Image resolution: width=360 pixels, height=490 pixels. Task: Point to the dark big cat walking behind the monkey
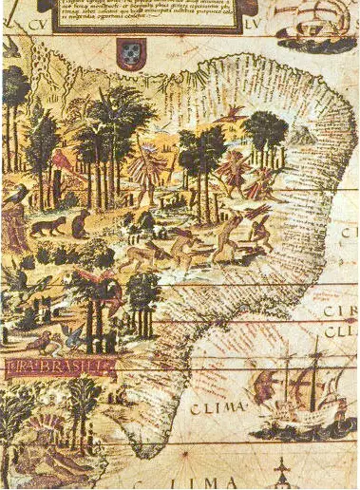pyautogui.click(x=45, y=226)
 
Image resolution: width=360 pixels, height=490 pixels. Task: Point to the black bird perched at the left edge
pyautogui.click(x=17, y=195)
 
